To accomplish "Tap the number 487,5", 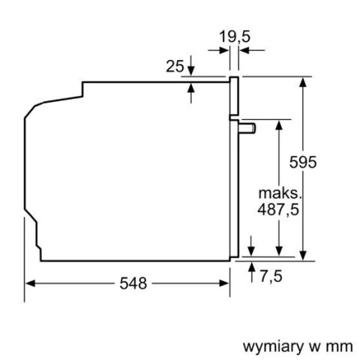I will click(278, 211).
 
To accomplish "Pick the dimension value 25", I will click(175, 67).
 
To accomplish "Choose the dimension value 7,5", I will click(272, 277).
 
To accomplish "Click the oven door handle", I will click(247, 127).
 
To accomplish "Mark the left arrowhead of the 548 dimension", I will click(30, 283).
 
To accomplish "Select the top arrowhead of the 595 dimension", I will click(304, 80).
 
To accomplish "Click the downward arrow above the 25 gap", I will click(191, 69).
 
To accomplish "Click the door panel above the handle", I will click(234, 97).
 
